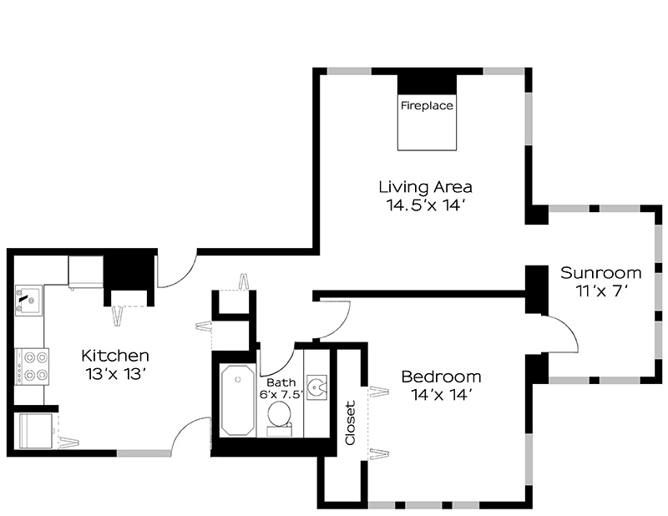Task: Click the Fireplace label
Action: pos(427,105)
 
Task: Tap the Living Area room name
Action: pos(426,187)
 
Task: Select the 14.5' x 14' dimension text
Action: pos(425,205)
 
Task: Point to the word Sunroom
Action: pos(600,273)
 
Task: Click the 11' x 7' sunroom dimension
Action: pos(602,291)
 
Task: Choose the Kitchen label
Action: pos(115,355)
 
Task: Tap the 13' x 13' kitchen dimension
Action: pos(116,374)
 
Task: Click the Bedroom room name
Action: pos(442,377)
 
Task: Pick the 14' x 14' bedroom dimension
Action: pos(443,396)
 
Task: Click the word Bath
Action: pos(281,382)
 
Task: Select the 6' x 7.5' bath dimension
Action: pos(281,395)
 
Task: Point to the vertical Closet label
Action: pos(350,422)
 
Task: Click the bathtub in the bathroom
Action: pos(238,400)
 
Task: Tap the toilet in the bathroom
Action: pos(280,418)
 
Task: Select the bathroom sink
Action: pos(316,387)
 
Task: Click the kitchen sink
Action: pos(28,301)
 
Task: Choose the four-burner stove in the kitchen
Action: pos(32,367)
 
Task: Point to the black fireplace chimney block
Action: pos(427,84)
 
